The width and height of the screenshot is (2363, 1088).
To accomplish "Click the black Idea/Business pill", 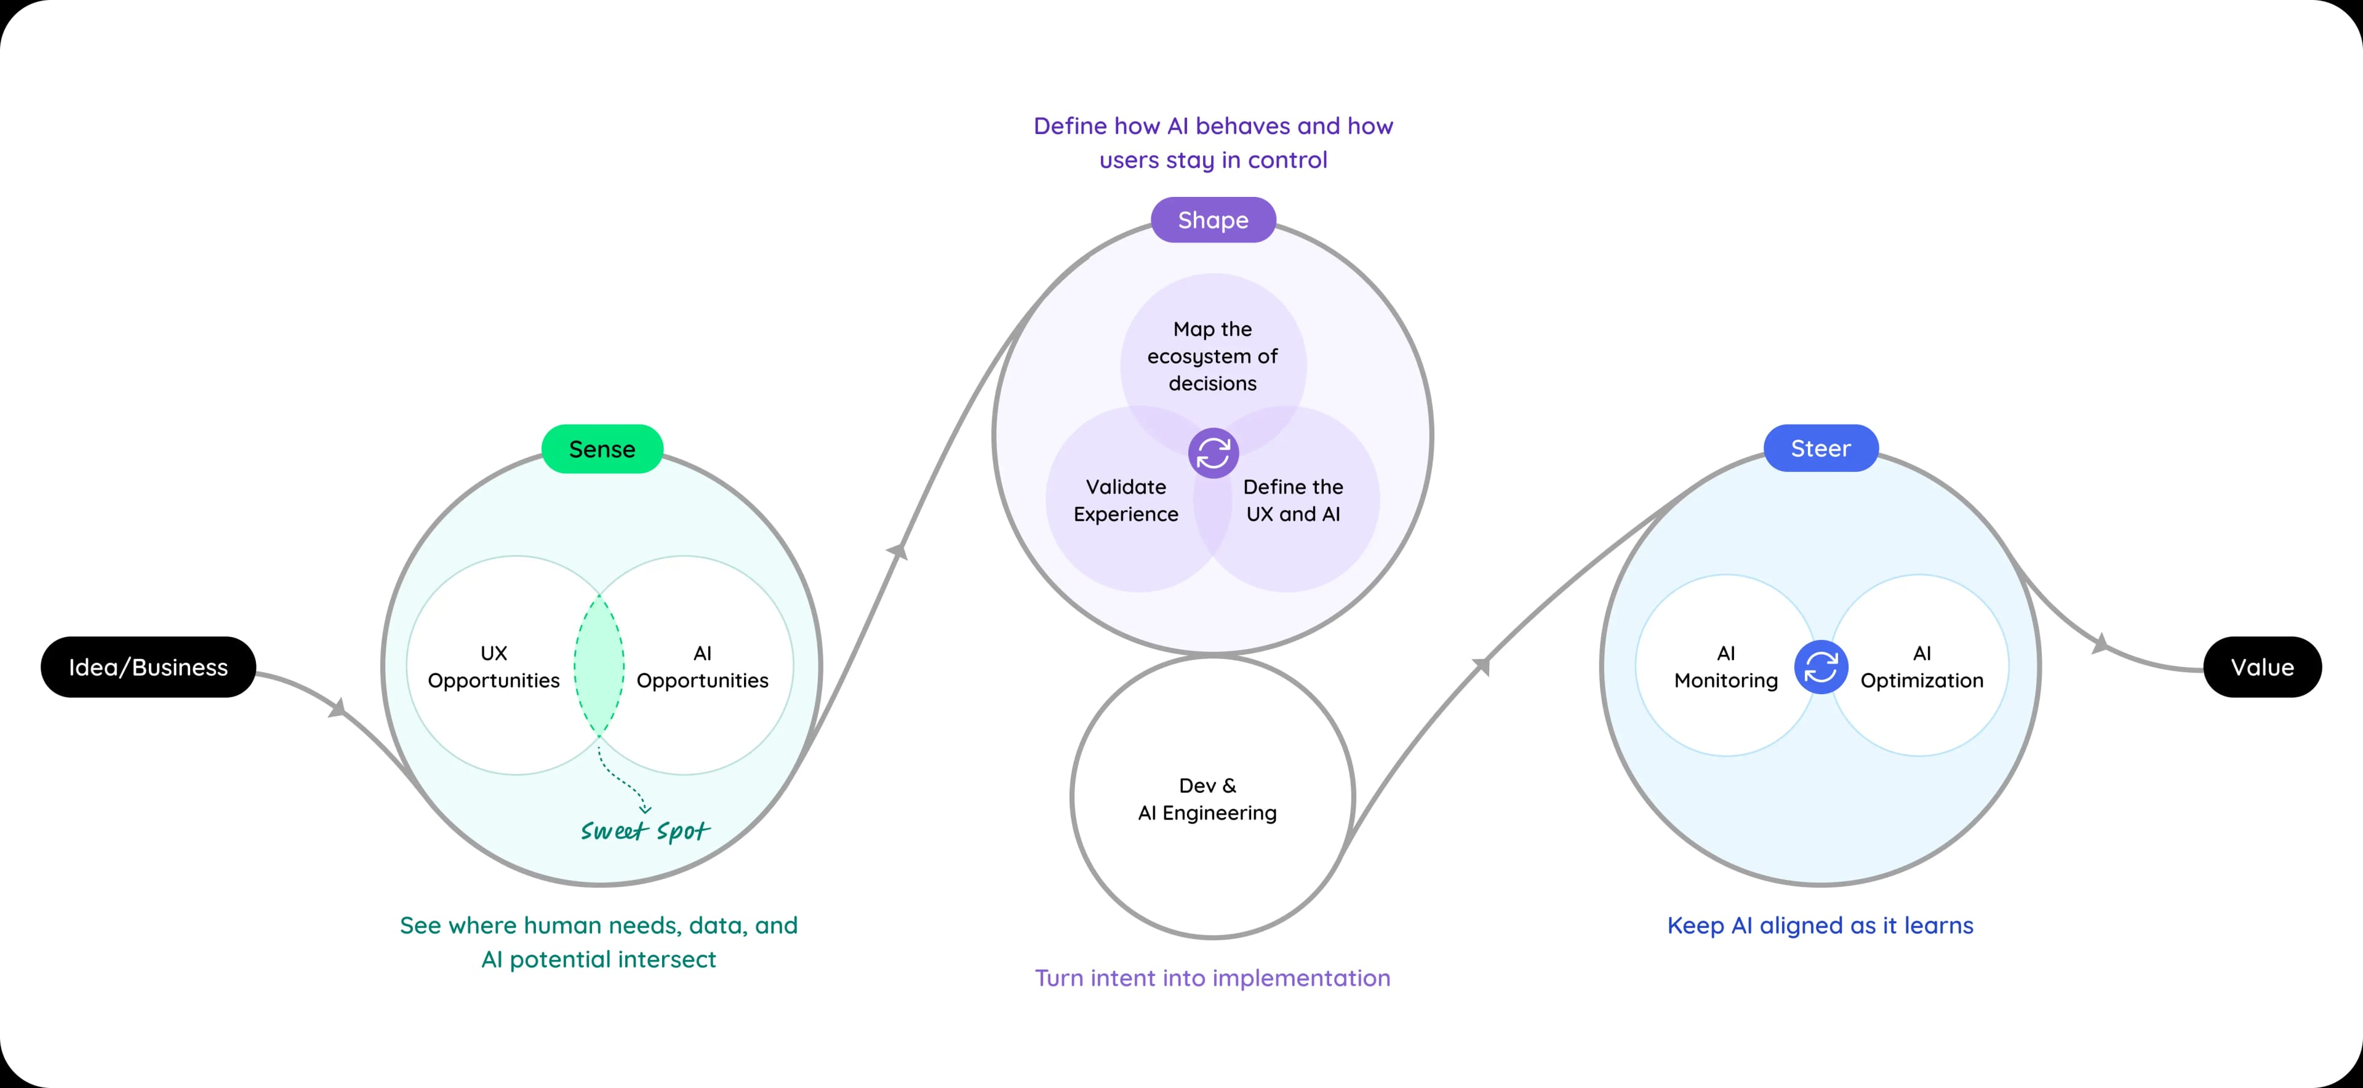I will [148, 667].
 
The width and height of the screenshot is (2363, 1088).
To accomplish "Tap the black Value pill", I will [2261, 667].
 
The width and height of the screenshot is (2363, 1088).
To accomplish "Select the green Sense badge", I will [602, 449].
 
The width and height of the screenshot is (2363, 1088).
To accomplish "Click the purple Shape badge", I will [1213, 220].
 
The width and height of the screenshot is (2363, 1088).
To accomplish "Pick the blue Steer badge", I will [1820, 449].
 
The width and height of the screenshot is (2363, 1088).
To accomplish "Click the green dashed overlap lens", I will [599, 666].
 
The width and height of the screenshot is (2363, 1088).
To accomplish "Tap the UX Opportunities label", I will [494, 667].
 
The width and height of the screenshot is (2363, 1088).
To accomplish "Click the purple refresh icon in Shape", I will [1213, 453].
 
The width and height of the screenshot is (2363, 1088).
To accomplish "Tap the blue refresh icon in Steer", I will [1820, 667].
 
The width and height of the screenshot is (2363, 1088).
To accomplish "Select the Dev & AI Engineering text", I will [1207, 799].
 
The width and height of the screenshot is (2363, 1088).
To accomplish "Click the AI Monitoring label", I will [1725, 667].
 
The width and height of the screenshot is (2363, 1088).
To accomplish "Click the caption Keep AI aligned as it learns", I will [1820, 925].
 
